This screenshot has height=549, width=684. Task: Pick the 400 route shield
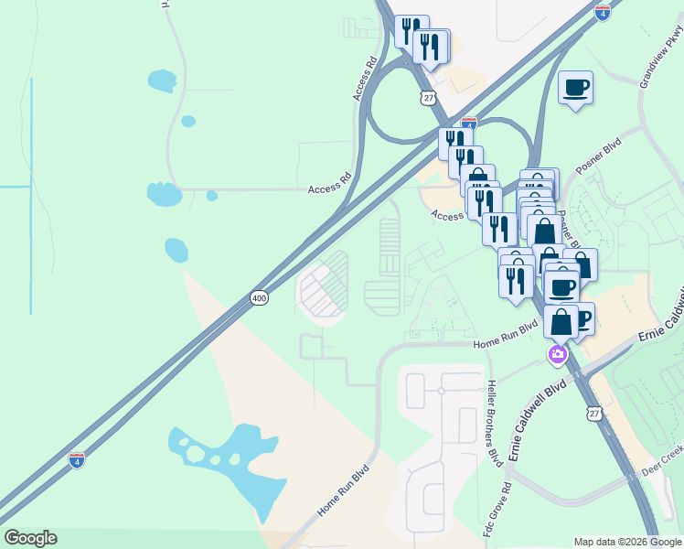click(x=259, y=298)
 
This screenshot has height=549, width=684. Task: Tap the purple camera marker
click(x=557, y=354)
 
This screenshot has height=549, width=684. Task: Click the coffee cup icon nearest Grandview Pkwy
click(x=575, y=88)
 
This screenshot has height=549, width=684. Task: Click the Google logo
click(x=30, y=538)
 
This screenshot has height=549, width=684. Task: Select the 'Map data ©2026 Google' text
click(x=627, y=541)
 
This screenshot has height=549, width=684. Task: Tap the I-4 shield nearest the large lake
click(x=78, y=459)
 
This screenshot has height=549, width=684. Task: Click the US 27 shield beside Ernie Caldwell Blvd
click(x=594, y=414)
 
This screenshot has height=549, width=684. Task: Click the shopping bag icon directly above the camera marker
click(x=561, y=322)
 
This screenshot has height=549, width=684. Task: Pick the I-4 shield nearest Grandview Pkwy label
click(x=601, y=12)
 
